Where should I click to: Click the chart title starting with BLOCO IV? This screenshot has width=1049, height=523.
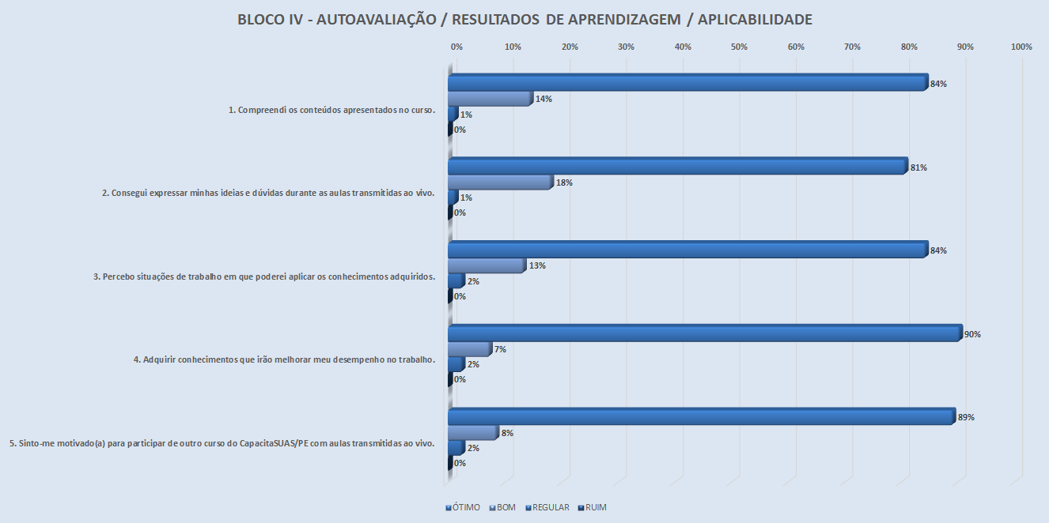click(x=524, y=20)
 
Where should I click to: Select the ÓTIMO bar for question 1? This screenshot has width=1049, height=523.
click(x=687, y=83)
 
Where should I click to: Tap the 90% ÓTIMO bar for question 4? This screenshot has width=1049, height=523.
click(x=704, y=333)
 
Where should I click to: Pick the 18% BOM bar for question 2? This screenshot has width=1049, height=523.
click(x=499, y=182)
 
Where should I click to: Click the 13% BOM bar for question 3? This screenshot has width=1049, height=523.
click(x=486, y=265)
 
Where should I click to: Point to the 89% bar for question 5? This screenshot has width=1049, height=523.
click(x=701, y=416)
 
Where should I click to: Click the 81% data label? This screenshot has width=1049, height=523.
click(x=918, y=167)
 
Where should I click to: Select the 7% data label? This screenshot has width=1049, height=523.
click(x=498, y=349)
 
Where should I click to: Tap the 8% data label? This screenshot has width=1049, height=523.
click(x=507, y=433)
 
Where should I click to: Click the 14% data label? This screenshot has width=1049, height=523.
click(x=543, y=100)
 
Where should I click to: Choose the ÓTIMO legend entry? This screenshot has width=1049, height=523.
click(x=463, y=507)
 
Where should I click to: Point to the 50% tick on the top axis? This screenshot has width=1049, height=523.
click(x=739, y=47)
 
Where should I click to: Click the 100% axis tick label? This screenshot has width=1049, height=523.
click(x=1021, y=47)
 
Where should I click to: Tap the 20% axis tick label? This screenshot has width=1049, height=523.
click(x=570, y=47)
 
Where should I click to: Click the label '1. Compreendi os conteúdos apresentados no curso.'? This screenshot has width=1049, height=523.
click(x=332, y=110)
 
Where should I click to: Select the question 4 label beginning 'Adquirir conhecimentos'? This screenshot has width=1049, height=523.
click(x=285, y=359)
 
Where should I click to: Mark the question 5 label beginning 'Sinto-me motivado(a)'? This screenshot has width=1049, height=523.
click(x=222, y=443)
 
